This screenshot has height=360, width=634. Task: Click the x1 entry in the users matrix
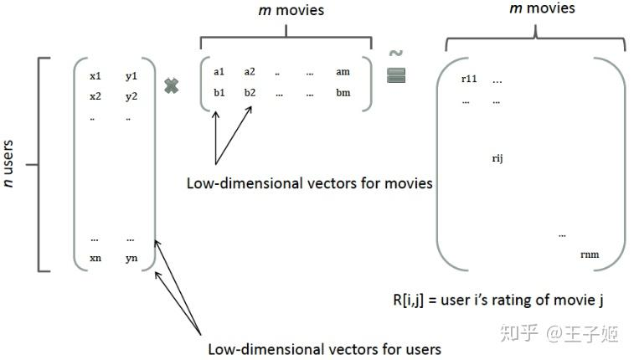pyautogui.click(x=95, y=76)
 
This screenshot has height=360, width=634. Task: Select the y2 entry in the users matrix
pyautogui.click(x=131, y=96)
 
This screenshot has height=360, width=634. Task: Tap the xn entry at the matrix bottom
pyautogui.click(x=95, y=258)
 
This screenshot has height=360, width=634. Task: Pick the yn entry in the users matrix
pyautogui.click(x=131, y=258)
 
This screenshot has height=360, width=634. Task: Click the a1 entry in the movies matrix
pyautogui.click(x=219, y=72)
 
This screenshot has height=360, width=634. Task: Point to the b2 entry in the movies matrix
pyautogui.click(x=250, y=92)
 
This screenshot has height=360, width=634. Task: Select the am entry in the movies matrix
pyautogui.click(x=343, y=72)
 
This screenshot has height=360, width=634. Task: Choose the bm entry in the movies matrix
pyautogui.click(x=343, y=92)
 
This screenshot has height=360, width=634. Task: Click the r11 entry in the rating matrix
pyautogui.click(x=469, y=79)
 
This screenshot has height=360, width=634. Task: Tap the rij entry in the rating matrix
pyautogui.click(x=497, y=157)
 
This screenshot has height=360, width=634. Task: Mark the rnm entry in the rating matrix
pyautogui.click(x=590, y=255)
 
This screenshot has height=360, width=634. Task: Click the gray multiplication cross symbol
pyautogui.click(x=172, y=85)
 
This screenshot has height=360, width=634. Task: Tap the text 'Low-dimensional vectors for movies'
pyautogui.click(x=310, y=183)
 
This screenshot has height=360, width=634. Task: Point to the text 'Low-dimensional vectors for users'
pyautogui.click(x=324, y=348)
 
